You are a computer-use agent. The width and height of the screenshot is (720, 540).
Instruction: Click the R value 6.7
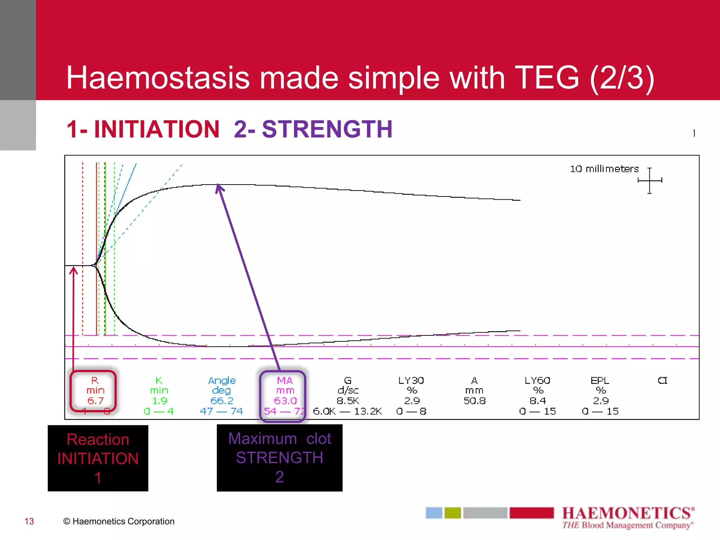[95, 401]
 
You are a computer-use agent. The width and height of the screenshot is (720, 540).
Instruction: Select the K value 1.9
[159, 401]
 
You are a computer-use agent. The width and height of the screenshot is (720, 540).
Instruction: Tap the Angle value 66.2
[221, 401]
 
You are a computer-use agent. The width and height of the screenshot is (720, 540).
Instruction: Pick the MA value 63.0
[285, 401]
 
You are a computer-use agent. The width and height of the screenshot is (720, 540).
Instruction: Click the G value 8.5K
[348, 401]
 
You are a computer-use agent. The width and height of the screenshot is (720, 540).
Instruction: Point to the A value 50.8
[475, 401]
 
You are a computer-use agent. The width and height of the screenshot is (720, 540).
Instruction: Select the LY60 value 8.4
[538, 401]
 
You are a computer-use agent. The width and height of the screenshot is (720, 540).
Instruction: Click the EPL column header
[600, 380]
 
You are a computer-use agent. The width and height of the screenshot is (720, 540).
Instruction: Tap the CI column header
[662, 380]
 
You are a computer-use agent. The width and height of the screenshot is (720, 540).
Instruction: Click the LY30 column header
[411, 380]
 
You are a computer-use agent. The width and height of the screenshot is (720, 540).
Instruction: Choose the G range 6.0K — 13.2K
[347, 411]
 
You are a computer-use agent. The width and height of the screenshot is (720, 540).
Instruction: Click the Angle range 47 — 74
[221, 411]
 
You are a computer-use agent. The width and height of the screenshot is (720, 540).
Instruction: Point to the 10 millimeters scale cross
[650, 180]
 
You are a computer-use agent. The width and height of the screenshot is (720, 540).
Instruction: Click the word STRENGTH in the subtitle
[327, 129]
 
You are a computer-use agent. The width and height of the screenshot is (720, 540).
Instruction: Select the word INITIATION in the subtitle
[157, 129]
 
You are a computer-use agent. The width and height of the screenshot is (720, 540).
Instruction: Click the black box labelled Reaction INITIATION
[98, 458]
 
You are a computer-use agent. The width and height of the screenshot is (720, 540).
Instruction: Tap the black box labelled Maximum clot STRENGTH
[279, 458]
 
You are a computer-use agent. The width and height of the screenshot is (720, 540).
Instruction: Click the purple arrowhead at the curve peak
[219, 188]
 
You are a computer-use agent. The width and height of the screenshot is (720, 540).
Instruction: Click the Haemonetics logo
[628, 517]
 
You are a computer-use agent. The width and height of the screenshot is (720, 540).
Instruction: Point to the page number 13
[29, 521]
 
